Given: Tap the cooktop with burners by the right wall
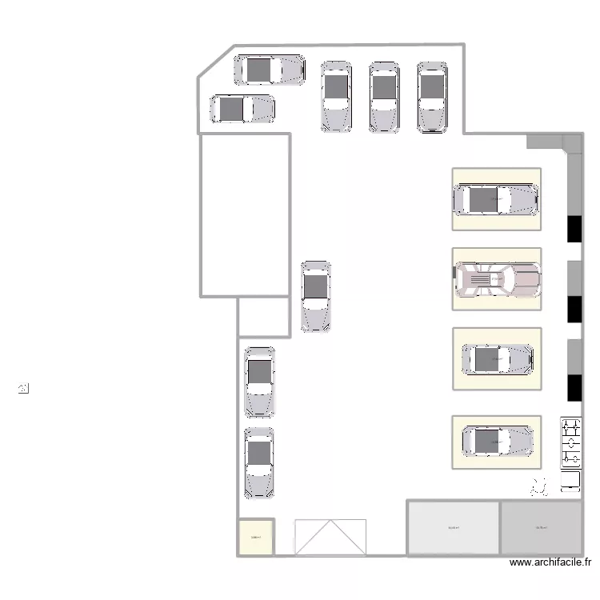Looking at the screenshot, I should click(570, 442).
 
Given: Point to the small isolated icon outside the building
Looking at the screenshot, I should click(23, 390).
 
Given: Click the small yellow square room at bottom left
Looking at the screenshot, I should click(256, 538).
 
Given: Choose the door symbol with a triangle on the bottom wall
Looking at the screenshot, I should click(330, 537).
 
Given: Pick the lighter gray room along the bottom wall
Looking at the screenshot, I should click(454, 528).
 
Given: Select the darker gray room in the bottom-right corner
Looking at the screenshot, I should click(541, 528).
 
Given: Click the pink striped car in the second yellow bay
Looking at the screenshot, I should click(497, 279).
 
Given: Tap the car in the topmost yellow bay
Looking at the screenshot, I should click(496, 199).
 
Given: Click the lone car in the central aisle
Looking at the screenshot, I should click(316, 296).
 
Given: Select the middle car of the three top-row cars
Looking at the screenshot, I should click(384, 97).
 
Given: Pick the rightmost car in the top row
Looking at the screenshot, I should click(432, 97).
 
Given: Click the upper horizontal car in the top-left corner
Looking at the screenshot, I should click(269, 70).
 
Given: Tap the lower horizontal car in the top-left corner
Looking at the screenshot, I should click(242, 109).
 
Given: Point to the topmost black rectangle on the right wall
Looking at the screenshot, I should click(574, 228).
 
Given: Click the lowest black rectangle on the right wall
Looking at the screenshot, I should click(574, 387).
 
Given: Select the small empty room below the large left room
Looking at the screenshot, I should click(263, 317).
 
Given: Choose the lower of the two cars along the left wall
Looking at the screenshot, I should click(258, 463).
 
